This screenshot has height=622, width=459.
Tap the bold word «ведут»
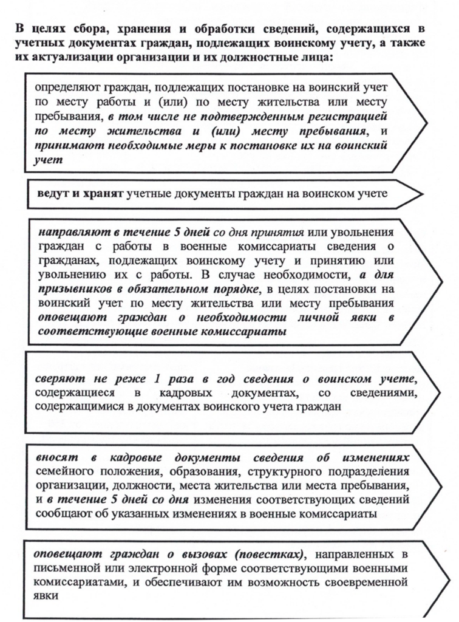pos(52,194)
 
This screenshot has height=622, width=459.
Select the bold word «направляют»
pos(72,233)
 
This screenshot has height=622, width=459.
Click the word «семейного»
pos(64,471)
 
